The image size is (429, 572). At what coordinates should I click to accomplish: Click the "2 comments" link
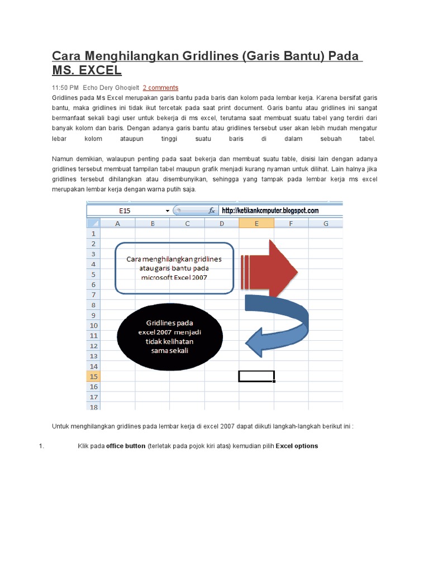click(160, 88)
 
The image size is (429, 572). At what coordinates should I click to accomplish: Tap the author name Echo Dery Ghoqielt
click(111, 88)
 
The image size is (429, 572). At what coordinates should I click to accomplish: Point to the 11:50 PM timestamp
click(65, 88)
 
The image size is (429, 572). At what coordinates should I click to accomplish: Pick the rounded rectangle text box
click(174, 268)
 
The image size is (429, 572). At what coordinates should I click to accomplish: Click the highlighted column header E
click(256, 223)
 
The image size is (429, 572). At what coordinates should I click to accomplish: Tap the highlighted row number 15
click(93, 376)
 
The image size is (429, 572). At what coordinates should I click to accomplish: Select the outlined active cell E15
click(256, 376)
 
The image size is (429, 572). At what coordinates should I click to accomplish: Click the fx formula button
click(212, 211)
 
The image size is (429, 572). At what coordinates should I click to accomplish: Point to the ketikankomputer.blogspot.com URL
click(270, 211)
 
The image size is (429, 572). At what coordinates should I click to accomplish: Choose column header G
click(326, 223)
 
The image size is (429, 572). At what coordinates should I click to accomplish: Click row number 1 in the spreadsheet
click(93, 233)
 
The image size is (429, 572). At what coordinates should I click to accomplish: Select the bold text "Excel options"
click(297, 446)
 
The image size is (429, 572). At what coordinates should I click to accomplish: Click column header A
click(118, 223)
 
